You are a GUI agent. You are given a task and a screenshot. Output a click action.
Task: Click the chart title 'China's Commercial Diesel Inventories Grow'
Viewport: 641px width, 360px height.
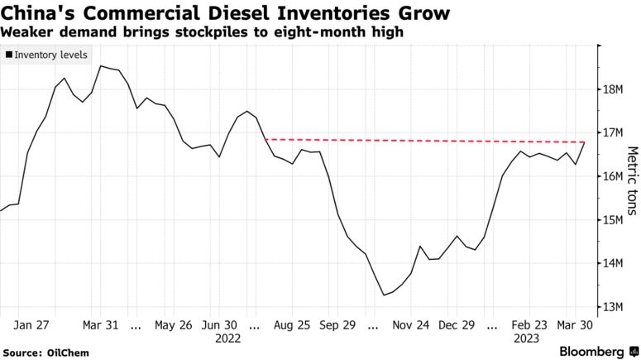226,13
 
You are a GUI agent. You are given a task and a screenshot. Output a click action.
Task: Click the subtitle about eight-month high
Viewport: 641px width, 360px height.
203,32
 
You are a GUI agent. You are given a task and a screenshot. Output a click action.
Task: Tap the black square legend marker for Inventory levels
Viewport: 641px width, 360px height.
8,54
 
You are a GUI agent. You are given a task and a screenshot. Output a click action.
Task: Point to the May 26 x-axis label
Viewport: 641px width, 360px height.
173,326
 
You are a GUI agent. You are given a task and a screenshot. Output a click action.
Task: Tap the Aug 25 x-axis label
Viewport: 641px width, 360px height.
292,326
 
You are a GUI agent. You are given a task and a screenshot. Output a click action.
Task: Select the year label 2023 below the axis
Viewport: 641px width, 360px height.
527,338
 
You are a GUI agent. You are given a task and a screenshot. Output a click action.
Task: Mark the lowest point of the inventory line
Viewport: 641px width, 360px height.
383,295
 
